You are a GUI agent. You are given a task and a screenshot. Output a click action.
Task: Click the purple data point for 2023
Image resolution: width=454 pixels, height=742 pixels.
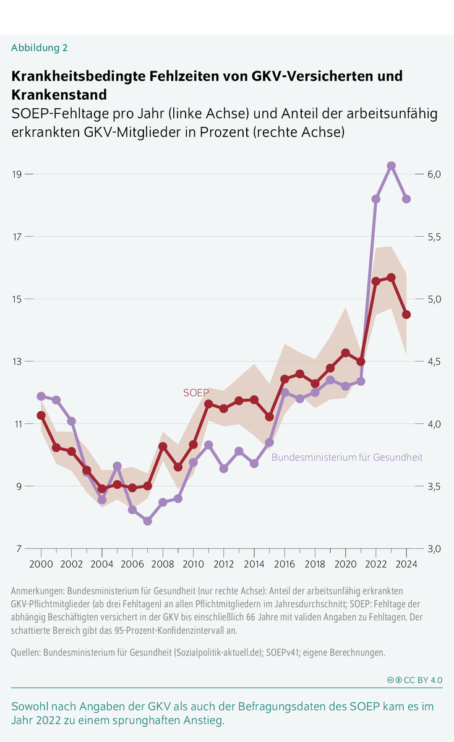[x=391, y=166]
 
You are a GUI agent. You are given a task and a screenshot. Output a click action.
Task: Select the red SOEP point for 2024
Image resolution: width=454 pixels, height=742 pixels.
[x=406, y=315]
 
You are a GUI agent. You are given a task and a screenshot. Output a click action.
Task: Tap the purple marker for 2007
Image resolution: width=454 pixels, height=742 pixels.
[x=147, y=521]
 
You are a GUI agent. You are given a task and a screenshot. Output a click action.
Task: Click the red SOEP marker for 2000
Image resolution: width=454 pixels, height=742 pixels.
[x=41, y=415]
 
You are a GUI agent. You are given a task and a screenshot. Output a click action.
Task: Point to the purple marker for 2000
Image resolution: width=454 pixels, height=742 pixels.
[x=41, y=396]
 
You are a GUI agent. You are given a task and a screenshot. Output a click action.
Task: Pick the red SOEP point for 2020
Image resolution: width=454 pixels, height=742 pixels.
[x=345, y=353]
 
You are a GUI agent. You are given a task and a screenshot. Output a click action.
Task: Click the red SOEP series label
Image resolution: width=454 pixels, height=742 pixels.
[x=196, y=393]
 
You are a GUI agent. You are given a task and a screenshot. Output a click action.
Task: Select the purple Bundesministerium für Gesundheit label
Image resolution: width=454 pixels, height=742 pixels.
[x=347, y=457]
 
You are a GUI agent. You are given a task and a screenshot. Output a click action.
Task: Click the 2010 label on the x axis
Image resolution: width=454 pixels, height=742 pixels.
[x=193, y=564]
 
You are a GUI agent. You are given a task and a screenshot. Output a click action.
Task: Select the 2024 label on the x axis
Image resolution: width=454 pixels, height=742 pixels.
[x=406, y=564]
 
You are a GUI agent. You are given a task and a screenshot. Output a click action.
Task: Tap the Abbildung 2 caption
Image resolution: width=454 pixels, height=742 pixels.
[x=40, y=48]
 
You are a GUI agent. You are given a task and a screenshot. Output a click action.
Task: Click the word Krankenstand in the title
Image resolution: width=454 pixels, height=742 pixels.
[x=59, y=95]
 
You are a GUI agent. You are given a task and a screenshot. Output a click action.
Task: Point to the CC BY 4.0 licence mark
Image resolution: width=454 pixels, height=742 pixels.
[x=414, y=680]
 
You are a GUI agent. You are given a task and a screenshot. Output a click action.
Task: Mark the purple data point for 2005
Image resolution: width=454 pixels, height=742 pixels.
[x=117, y=466]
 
